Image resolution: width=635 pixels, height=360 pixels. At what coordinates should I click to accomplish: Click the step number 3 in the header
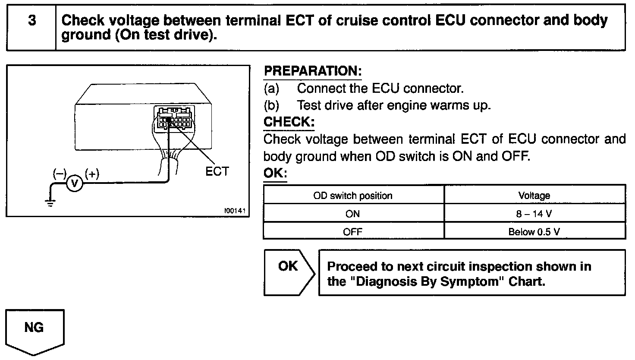coord(32,21)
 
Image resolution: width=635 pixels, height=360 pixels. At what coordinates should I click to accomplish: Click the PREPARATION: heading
coord(313,71)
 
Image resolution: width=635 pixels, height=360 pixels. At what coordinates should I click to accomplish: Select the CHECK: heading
coord(289,122)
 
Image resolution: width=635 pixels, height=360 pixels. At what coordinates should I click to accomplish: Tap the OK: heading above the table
coord(275,174)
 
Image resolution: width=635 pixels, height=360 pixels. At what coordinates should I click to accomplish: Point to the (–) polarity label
coord(59,174)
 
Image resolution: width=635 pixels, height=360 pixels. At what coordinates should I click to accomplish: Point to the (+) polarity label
coord(92,174)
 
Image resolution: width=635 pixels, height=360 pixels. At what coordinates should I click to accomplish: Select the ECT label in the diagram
coord(217,171)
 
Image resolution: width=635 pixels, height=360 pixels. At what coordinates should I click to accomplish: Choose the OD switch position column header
coord(353,196)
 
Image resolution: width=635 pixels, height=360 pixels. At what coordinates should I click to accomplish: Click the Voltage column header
coord(534,196)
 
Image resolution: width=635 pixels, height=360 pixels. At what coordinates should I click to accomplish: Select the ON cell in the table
coord(353,214)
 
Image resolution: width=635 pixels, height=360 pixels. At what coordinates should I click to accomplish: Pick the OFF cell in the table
coord(353,232)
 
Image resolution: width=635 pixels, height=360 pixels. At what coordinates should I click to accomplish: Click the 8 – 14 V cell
coord(534,214)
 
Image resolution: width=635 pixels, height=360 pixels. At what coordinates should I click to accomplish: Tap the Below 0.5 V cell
coord(534,232)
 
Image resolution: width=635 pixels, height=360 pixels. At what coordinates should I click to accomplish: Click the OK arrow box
coord(288,272)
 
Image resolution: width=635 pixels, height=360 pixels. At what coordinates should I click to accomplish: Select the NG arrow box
coord(35,330)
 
